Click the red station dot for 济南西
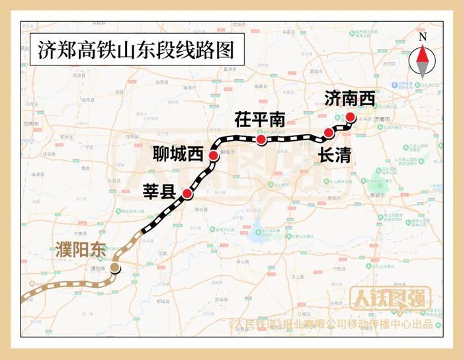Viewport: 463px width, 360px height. [351, 118]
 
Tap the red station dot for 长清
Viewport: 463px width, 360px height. [329, 133]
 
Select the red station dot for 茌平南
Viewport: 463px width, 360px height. [261, 140]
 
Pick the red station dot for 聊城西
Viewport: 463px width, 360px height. [213, 156]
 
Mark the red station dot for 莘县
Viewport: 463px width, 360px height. [187, 194]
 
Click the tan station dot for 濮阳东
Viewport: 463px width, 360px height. [115, 267]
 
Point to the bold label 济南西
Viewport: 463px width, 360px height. [350, 99]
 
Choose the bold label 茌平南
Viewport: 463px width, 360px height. [260, 120]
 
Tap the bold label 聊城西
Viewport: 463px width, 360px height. [177, 155]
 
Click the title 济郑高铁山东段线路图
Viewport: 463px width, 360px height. [128, 50]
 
